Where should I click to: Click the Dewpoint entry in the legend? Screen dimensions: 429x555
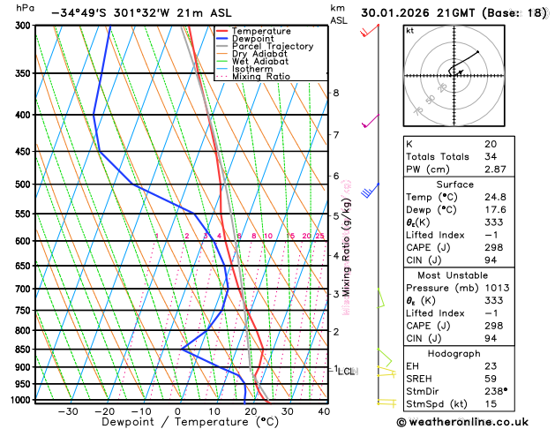click(255, 39)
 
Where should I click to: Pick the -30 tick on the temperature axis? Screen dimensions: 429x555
click(67, 411)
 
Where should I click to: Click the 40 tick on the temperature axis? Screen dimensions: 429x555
click(324, 411)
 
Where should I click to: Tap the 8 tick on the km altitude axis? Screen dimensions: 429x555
click(335, 93)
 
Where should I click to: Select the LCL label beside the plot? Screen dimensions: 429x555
click(346, 372)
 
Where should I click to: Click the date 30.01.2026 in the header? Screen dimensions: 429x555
click(397, 13)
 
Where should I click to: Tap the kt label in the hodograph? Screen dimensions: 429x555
click(409, 30)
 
